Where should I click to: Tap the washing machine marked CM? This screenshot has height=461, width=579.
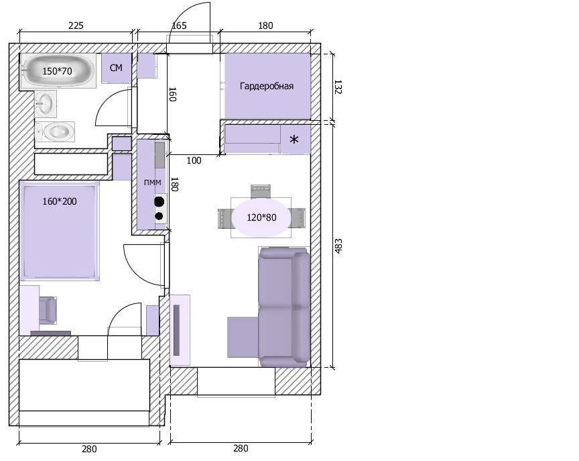point(117,68)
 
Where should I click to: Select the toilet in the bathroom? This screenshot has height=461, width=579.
point(55,132)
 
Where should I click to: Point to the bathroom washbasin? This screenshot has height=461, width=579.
point(46,103)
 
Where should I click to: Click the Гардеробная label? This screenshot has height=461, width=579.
point(267,86)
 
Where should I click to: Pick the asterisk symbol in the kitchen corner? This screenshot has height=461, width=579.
point(294,140)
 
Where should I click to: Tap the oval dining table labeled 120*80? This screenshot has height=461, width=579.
point(261,217)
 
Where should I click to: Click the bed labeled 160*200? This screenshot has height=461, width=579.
point(60,231)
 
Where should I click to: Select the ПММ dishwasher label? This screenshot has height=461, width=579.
point(153,183)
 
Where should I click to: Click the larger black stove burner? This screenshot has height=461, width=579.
point(159,201)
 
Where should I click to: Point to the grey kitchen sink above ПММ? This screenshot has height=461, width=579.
point(159,155)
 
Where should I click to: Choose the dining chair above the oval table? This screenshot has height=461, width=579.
point(261,192)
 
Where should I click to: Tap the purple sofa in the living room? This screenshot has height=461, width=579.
point(284,307)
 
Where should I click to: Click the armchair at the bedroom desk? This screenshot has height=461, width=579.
point(48,309)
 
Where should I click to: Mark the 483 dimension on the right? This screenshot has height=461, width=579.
point(338,246)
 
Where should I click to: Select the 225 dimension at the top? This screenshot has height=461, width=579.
point(76,25)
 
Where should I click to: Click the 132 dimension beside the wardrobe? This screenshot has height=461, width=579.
point(338,87)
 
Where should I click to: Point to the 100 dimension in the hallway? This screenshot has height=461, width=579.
point(194,160)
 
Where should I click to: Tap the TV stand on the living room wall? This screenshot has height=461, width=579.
point(180,329)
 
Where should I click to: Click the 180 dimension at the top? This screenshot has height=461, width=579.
point(265,25)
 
